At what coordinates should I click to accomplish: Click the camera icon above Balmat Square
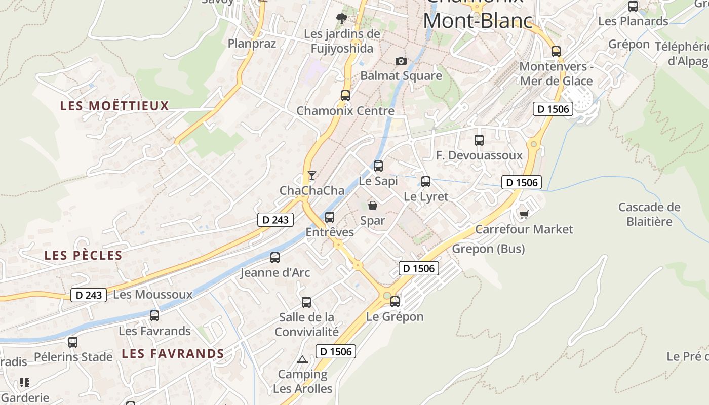pos(401,61)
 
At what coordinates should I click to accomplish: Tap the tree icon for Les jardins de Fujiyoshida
pos(342,19)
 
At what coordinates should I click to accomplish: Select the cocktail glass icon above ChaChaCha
pos(312,176)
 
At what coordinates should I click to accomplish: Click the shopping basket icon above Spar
pos(373,205)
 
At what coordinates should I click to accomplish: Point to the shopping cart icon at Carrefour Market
pos(524,215)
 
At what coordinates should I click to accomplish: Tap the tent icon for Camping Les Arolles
pos(302,360)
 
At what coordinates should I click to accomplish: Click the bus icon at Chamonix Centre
pos(345,95)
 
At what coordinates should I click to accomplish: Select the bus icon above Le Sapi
pos(378,166)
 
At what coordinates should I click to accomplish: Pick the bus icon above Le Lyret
pos(426,181)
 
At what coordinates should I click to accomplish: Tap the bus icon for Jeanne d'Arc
pos(275,258)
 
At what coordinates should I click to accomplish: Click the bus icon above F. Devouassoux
pos(479,140)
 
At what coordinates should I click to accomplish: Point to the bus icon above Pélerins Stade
pos(73,342)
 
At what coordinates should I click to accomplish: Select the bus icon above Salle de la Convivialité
pos(306,302)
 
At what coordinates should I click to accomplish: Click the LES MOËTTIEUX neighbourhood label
pos(114,106)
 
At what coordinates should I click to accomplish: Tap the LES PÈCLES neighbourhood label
pos(84,255)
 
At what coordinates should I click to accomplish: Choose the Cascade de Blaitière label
pos(649,214)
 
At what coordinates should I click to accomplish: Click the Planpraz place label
pos(252,43)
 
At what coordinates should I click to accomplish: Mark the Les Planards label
pos(633,21)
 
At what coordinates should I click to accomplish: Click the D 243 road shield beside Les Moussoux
pos(89,295)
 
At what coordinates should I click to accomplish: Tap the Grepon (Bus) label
pos(488,249)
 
